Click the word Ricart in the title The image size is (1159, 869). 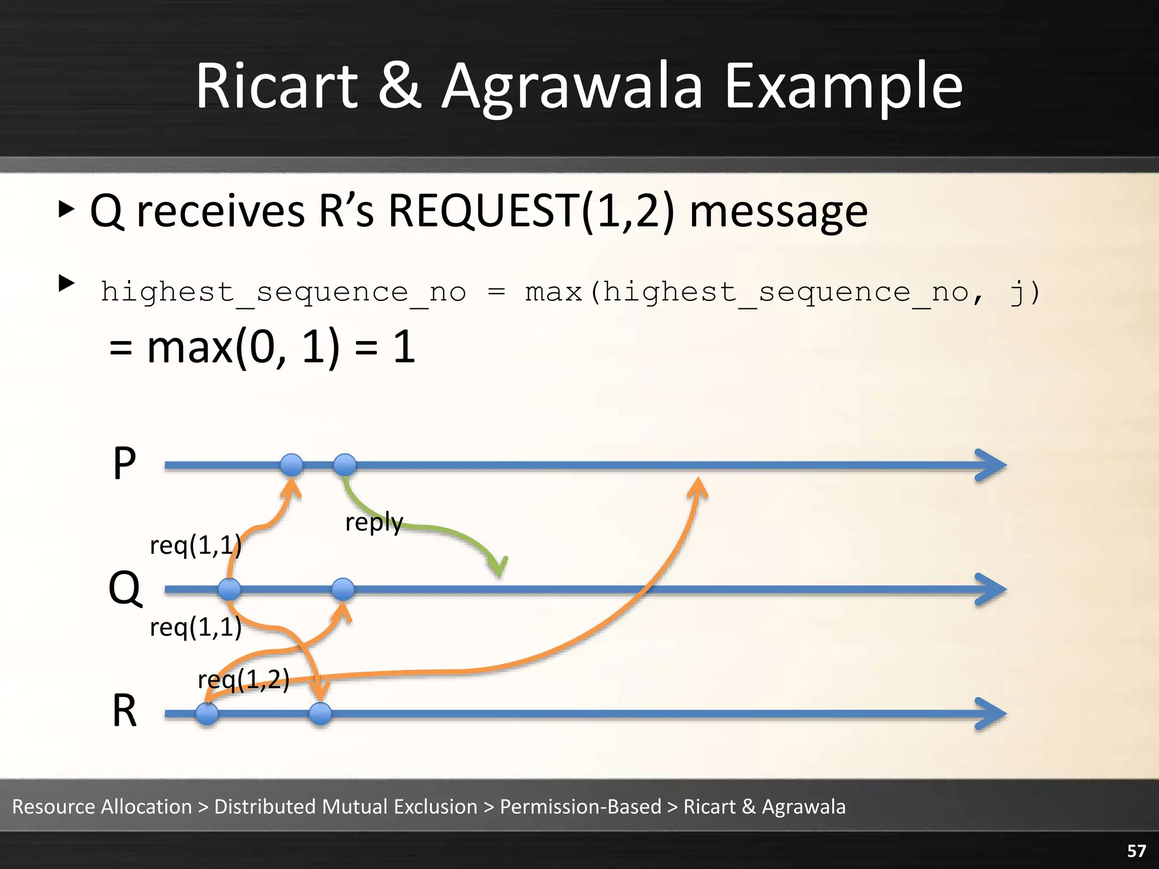pyautogui.click(x=277, y=86)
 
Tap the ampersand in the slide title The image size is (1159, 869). pyautogui.click(x=400, y=86)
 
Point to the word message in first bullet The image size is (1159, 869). pyautogui.click(x=778, y=212)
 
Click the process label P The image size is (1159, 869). pyautogui.click(x=125, y=463)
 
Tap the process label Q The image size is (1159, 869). pyautogui.click(x=125, y=588)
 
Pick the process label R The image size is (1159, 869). pyautogui.click(x=125, y=711)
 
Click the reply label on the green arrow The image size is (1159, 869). pyautogui.click(x=374, y=522)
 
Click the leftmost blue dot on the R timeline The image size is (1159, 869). pyautogui.click(x=207, y=714)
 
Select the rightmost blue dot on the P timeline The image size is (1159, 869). pyautogui.click(x=345, y=465)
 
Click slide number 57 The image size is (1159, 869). pyautogui.click(x=1136, y=851)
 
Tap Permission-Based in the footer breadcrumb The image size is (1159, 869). pyautogui.click(x=580, y=806)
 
